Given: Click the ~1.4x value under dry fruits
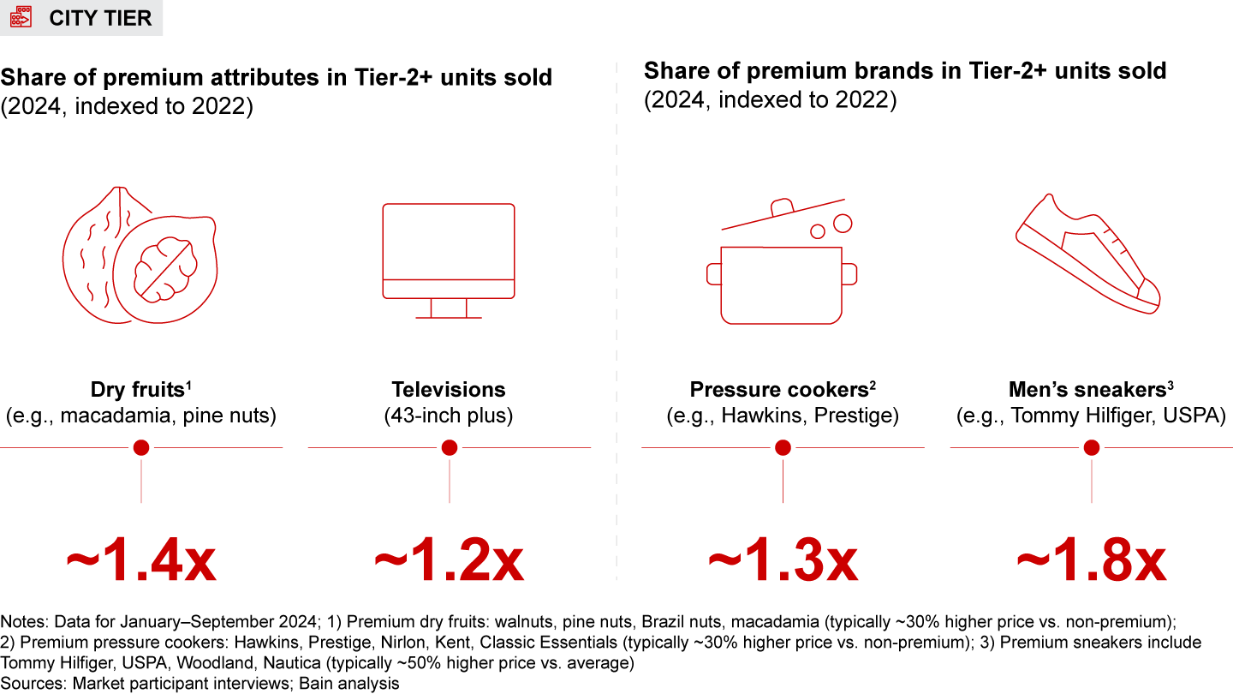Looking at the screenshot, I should point(141,561).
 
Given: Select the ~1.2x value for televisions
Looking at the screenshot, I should point(449,561).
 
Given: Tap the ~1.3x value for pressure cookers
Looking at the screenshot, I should point(783,561).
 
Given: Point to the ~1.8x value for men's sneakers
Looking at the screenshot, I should point(1091,561).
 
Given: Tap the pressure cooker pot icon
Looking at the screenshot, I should point(781,283).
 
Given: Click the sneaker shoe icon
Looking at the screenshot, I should point(1088,257).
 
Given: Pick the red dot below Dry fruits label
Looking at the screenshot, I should point(141,447).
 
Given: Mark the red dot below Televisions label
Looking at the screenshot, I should point(450,447).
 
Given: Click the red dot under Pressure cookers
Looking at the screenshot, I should point(783,447).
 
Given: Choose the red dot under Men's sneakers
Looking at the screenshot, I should point(1092,447).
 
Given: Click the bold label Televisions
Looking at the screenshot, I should point(449,390).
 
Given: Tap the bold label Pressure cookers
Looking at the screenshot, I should point(779,390).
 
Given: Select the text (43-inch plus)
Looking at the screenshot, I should point(449,416).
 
